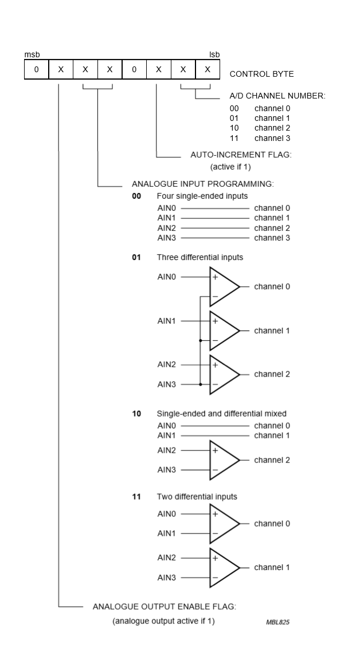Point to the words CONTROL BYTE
[x=261, y=74]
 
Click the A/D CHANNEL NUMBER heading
[x=277, y=96]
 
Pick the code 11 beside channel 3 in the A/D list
[x=234, y=138]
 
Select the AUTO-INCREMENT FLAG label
[x=241, y=155]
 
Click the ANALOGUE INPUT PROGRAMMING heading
[x=203, y=185]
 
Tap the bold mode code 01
[x=136, y=257]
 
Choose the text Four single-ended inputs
[x=202, y=196]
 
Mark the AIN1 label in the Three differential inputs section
[x=166, y=321]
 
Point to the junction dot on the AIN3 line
[x=200, y=384]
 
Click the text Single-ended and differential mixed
[x=221, y=414]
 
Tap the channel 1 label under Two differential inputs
[x=272, y=567]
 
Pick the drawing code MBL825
[x=277, y=622]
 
